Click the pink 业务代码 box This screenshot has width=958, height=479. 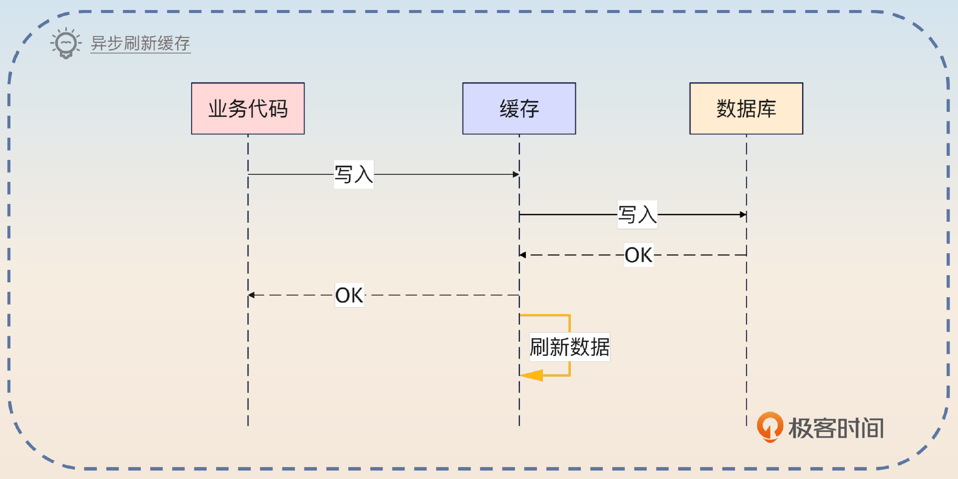coord(247,108)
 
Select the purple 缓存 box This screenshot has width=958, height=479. coord(519,108)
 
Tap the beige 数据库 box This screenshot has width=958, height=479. coord(746,108)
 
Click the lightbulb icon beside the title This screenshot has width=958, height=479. coord(66,43)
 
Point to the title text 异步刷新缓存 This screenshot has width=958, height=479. coord(140,43)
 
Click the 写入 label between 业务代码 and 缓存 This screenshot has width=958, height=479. coord(353,174)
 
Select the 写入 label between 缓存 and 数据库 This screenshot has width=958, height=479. coord(637,215)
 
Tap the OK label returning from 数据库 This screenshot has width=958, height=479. coord(639,255)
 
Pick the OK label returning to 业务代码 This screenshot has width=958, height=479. coord(349,295)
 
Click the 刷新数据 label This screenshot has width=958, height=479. coord(569,347)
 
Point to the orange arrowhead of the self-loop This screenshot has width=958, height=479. coord(532,375)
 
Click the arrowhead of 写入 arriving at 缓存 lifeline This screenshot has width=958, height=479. coord(516,174)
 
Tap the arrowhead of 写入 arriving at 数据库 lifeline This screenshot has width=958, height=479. coord(743,215)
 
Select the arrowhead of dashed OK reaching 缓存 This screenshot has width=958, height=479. coord(523,255)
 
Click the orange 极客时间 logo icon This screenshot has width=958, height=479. coord(769,427)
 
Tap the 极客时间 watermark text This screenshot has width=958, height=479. coord(836,428)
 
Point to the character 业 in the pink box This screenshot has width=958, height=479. coord(218,108)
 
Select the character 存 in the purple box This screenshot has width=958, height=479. coord(529,108)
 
